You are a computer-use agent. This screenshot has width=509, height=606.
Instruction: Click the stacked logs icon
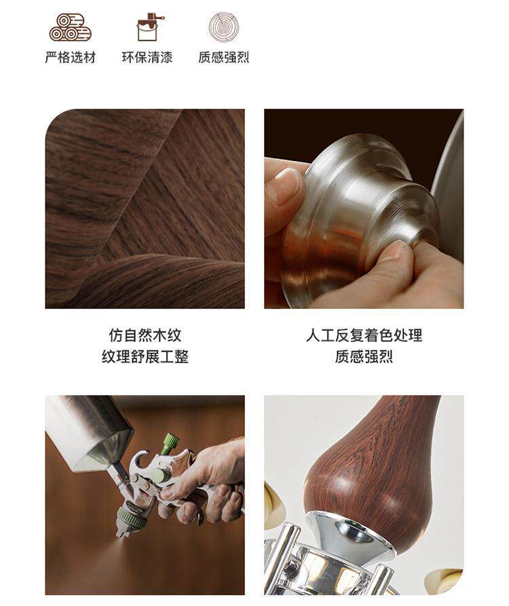tap(70, 27)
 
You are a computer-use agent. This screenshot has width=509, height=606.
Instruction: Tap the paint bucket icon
tap(149, 27)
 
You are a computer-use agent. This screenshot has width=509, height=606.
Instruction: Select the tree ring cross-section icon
tap(224, 27)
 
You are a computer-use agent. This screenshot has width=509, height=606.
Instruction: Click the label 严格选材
tap(71, 58)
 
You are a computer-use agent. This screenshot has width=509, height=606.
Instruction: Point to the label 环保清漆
tap(147, 58)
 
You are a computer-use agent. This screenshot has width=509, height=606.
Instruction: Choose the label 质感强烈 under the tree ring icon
tap(223, 58)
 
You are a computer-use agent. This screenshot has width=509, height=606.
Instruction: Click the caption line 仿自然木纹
tap(145, 335)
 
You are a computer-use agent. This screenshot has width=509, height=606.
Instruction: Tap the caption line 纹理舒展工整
tap(145, 357)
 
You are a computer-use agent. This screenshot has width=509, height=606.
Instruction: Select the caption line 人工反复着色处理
tap(364, 335)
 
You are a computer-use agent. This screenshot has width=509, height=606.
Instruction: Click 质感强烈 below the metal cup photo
tap(364, 357)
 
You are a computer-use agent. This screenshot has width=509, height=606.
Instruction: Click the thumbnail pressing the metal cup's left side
tap(286, 185)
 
